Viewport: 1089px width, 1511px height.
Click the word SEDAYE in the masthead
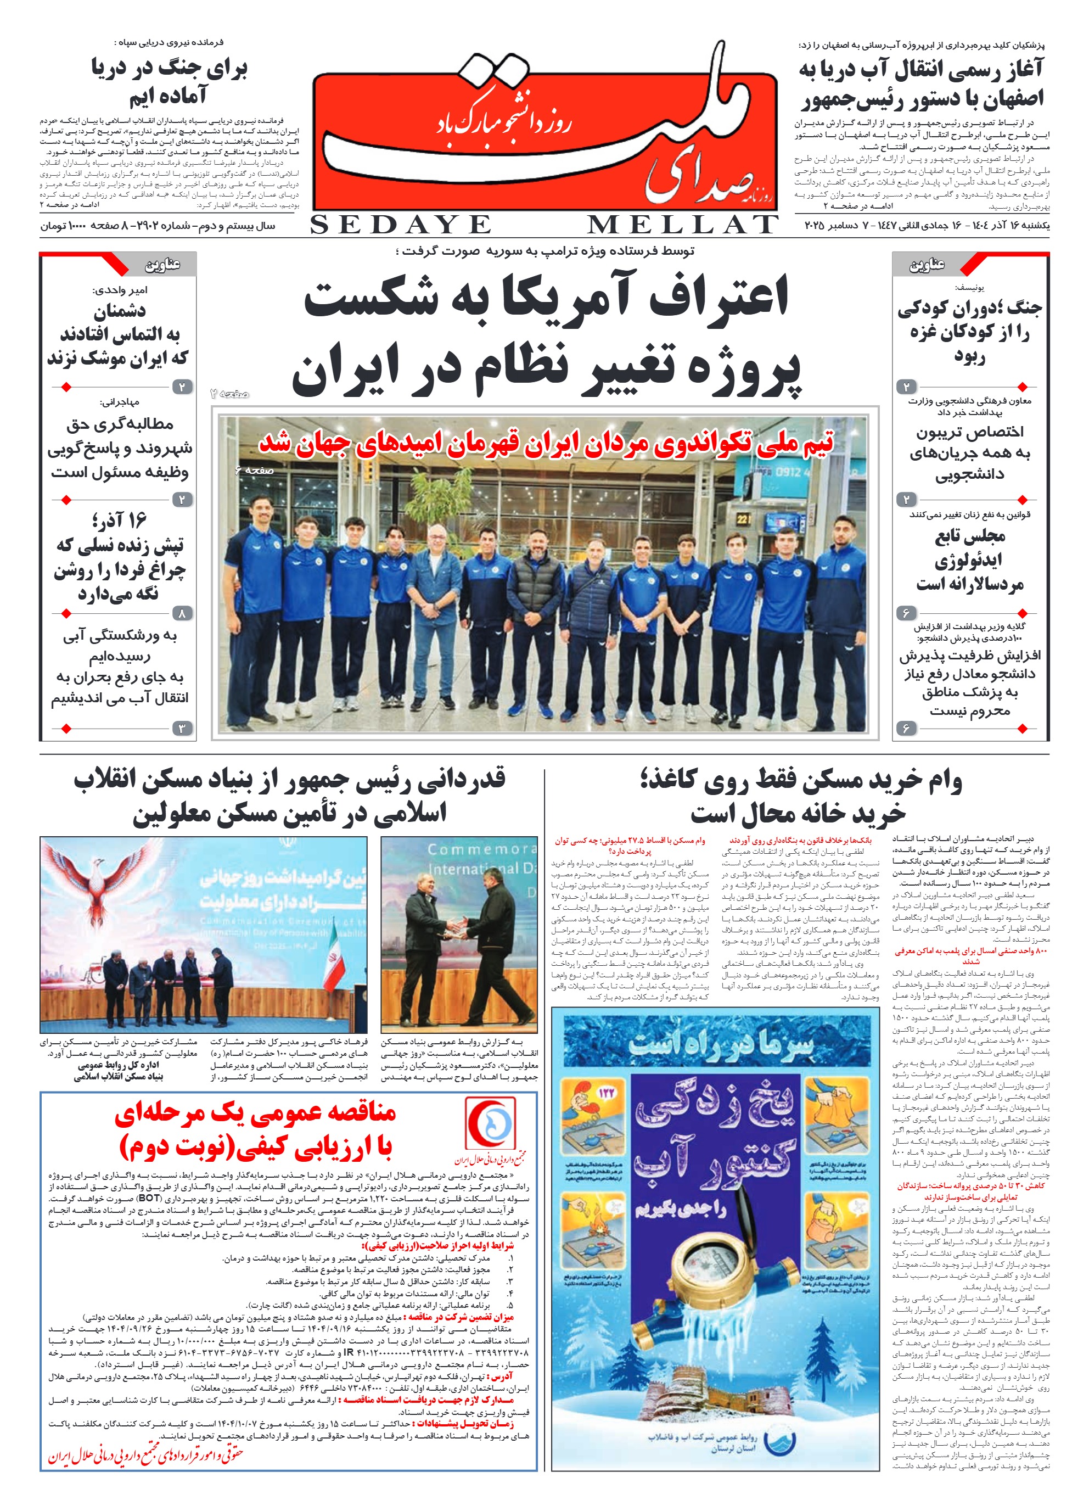400,225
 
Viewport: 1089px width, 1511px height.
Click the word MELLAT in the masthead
682,225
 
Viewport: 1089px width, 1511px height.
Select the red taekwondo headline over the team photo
546,443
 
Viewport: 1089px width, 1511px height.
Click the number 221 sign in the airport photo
743,518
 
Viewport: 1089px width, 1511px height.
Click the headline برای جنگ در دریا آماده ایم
169,82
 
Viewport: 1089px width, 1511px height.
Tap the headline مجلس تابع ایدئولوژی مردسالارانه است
969,559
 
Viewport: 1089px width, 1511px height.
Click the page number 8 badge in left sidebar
182,613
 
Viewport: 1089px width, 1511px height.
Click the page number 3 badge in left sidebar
182,728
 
